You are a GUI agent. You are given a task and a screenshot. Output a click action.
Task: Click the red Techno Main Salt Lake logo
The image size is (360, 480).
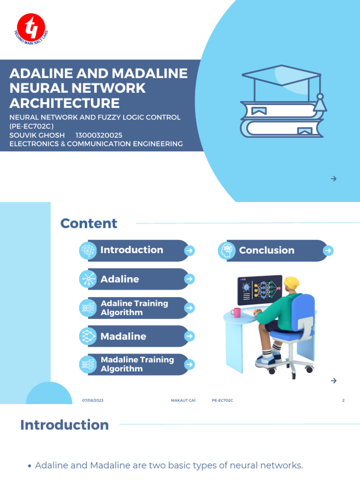[30, 26]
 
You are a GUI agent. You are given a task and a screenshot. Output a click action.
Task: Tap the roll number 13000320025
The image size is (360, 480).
[99, 135]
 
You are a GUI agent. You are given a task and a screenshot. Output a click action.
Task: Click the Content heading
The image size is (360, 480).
[89, 224]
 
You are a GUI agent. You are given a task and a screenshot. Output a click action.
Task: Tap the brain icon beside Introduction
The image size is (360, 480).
[88, 251]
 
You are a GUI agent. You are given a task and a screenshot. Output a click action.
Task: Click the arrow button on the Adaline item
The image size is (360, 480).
[189, 279]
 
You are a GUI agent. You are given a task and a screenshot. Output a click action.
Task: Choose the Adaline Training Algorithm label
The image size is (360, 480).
[134, 308]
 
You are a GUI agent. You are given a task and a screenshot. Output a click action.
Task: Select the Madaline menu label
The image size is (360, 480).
[123, 336]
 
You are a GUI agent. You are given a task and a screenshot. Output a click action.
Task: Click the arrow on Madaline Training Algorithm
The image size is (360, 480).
[189, 364]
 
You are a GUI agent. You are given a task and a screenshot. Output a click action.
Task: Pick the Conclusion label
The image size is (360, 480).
[267, 250]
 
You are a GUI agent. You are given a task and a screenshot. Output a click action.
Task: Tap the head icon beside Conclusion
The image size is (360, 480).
[227, 251]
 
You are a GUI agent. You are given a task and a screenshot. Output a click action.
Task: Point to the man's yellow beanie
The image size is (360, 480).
[292, 283]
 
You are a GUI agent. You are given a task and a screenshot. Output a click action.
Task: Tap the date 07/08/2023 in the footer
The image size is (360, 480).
[92, 401]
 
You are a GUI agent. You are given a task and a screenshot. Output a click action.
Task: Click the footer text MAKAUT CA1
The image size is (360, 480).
[183, 401]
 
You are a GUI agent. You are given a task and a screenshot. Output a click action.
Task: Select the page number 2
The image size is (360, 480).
[344, 401]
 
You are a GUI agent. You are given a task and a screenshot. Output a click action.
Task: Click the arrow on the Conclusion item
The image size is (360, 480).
[329, 251]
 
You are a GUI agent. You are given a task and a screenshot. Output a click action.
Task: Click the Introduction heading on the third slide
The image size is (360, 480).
[64, 425]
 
